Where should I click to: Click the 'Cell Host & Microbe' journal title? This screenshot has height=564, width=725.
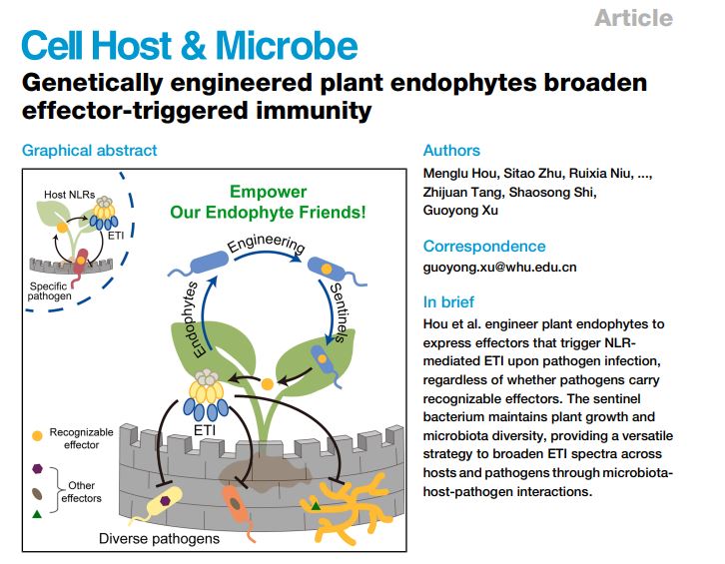click(x=189, y=47)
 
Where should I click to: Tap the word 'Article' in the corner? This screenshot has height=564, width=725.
click(x=633, y=17)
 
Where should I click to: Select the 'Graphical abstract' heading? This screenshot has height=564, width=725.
click(x=89, y=151)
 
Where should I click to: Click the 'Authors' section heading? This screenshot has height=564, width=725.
click(x=451, y=151)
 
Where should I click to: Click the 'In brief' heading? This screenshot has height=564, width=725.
click(x=448, y=301)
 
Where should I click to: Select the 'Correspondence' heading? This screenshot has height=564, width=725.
click(x=484, y=246)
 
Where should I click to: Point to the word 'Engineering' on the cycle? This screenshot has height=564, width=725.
click(x=266, y=245)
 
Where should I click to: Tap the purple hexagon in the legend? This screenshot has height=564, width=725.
click(x=38, y=468)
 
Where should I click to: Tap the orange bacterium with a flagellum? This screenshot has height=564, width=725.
click(x=238, y=503)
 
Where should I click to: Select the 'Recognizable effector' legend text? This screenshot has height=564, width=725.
click(x=82, y=438)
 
